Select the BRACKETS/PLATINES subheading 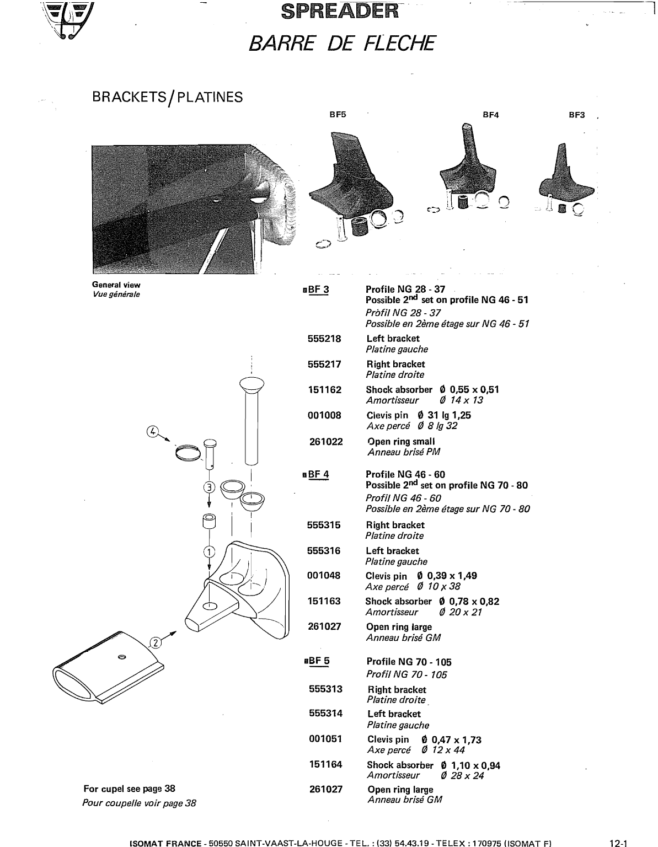click(167, 98)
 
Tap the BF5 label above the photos click(338, 115)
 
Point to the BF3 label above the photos click(576, 115)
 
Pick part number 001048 click(324, 576)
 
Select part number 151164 click(325, 765)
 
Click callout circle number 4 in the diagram click(153, 431)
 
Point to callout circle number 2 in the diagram click(156, 642)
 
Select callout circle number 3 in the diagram click(209, 486)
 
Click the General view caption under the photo click(116, 285)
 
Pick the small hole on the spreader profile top click(122, 656)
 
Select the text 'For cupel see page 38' click(129, 789)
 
